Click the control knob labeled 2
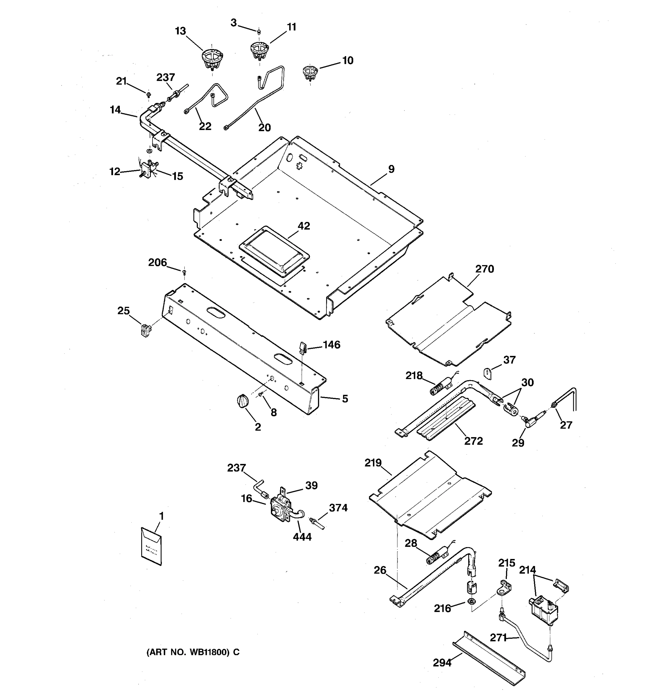coord(242,400)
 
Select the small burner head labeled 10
coord(310,72)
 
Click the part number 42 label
coord(304,226)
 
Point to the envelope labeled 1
coord(151,546)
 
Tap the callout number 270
coord(485,269)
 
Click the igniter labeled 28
coord(435,556)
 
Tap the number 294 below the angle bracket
coord(442,662)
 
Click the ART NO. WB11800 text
coord(193,652)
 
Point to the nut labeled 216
coord(472,601)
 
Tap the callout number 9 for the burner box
coord(391,169)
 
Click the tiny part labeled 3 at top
coord(259,32)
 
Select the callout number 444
coord(302,537)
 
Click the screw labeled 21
coord(149,94)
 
